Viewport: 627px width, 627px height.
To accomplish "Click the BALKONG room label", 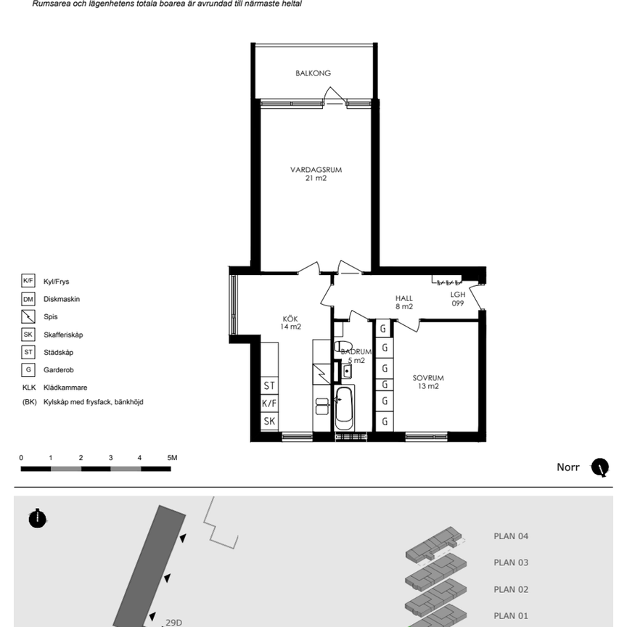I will pos(313,73).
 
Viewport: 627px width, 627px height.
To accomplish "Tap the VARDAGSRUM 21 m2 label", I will pos(316,173).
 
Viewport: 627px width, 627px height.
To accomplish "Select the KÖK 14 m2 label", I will pos(290,323).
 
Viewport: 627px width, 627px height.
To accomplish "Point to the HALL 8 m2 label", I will pos(403,302).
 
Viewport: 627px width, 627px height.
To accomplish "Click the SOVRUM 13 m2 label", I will pos(427,382).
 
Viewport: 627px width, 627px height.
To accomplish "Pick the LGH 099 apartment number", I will pos(457,299).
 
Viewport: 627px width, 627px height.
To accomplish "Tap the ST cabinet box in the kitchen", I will pos(269,386).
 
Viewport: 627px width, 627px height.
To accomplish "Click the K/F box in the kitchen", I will pos(269,403).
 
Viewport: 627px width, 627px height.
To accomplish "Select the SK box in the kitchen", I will pos(269,421).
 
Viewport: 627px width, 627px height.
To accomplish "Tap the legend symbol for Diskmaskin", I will pos(28,299).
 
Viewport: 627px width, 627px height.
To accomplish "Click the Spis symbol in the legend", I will pos(28,316).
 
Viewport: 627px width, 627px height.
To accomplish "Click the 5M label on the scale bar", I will pos(172,458).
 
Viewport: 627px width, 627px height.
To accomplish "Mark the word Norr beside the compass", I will pos(567,467).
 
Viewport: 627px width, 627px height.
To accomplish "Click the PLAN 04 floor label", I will pos(511,537).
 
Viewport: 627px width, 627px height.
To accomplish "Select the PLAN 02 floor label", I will pos(511,589).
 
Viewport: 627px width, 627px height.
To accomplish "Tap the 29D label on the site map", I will pos(174,622).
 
